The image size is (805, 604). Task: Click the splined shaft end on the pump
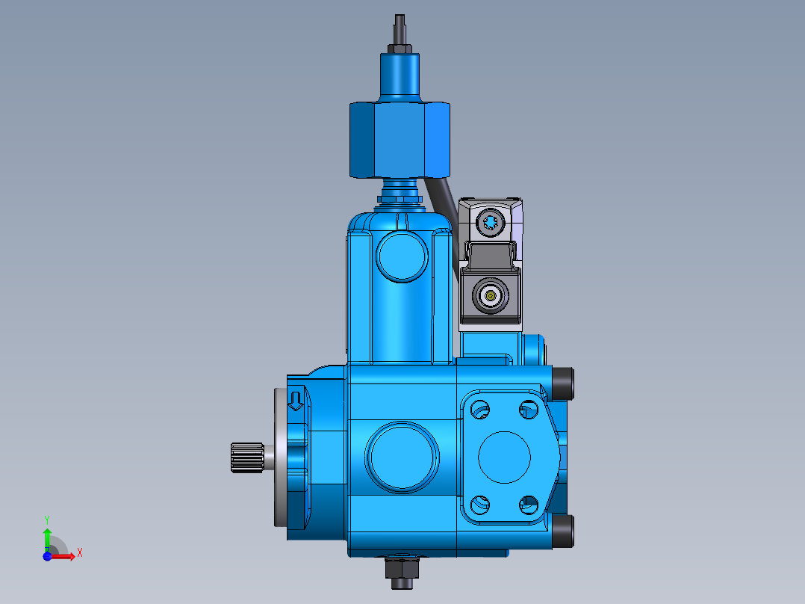pyautogui.click(x=246, y=457)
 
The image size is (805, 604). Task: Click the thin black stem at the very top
pyautogui.click(x=400, y=28)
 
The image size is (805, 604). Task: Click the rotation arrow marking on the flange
pyautogui.click(x=296, y=401)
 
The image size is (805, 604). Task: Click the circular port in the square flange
pyautogui.click(x=504, y=457)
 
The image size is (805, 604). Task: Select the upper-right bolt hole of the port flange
pyautogui.click(x=529, y=408)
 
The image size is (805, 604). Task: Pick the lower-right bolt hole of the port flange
pyautogui.click(x=529, y=505)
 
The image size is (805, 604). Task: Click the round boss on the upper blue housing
pyautogui.click(x=402, y=256)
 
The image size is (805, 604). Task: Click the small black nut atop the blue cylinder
pyautogui.click(x=400, y=49)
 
